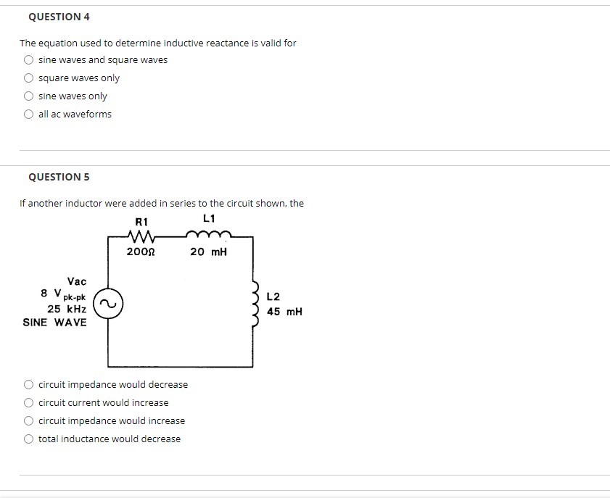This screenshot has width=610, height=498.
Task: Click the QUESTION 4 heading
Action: click(54, 17)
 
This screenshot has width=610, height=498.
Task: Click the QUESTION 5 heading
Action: click(54, 177)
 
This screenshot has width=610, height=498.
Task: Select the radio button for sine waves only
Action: click(28, 96)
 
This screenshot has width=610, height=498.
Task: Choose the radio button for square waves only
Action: click(28, 78)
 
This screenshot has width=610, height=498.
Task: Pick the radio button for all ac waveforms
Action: click(28, 115)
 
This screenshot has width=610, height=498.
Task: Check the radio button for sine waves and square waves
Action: click(28, 60)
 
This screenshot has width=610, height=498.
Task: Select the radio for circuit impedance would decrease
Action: click(28, 385)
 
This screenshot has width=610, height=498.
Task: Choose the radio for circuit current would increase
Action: click(28, 403)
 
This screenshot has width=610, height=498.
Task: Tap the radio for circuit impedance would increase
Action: click(28, 421)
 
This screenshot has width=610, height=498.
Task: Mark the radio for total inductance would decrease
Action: click(28, 439)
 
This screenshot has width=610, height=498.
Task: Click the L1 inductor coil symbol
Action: click(209, 234)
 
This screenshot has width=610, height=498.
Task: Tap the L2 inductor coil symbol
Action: click(255, 304)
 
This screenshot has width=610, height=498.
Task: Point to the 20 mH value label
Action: click(209, 252)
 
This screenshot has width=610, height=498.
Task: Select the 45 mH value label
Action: click(284, 312)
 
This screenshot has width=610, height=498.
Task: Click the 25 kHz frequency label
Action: click(67, 309)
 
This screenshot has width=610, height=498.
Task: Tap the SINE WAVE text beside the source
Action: click(54, 322)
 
